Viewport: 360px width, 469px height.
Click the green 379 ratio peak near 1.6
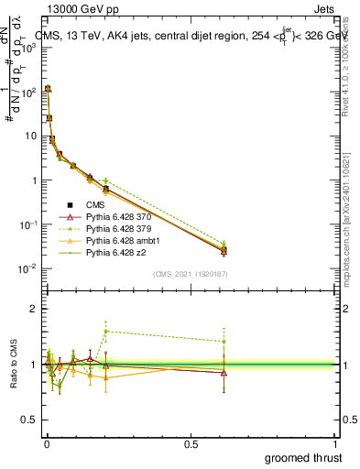(x=106, y=331)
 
